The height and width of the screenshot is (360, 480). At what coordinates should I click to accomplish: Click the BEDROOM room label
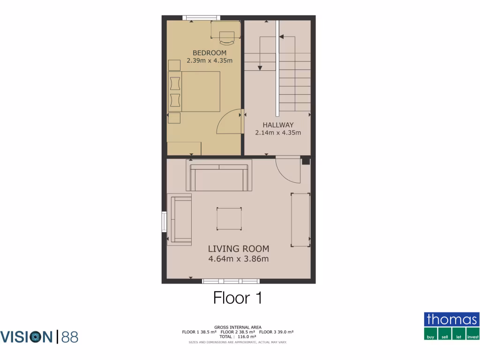209,53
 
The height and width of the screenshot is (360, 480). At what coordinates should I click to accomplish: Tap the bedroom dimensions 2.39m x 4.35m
209,60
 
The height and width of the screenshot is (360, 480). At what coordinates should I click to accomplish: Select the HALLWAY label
278,125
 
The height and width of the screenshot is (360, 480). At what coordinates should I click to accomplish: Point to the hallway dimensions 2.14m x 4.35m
278,133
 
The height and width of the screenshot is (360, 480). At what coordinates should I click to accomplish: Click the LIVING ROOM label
238,249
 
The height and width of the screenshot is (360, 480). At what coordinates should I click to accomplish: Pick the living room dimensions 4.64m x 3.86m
238,258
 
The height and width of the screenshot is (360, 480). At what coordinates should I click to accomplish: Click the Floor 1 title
237,298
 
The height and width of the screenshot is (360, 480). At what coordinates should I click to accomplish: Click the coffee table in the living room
229,218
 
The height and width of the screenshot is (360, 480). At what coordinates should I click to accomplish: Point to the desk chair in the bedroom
227,36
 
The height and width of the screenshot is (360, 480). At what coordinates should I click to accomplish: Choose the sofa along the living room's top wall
219,175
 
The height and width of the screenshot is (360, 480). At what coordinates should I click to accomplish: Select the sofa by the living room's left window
180,219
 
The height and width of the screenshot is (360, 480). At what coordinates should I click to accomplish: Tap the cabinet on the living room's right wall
300,219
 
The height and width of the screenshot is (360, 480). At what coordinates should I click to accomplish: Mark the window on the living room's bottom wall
231,281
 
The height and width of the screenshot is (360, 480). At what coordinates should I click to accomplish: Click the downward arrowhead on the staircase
260,68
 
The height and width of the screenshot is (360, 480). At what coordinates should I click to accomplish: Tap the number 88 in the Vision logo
69,337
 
